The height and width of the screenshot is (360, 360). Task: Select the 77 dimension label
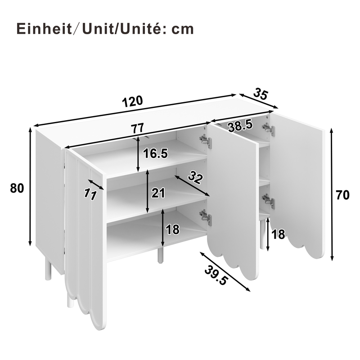click(x=137, y=128)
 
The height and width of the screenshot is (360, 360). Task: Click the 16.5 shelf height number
click(x=155, y=153)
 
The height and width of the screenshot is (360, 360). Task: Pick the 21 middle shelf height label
click(x=158, y=193)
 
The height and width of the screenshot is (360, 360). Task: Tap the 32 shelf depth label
click(x=194, y=177)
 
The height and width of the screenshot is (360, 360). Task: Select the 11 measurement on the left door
click(x=91, y=193)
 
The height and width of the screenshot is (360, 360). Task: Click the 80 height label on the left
click(x=17, y=188)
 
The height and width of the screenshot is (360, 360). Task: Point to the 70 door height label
click(x=343, y=195)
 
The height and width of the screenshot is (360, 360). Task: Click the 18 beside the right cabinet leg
click(x=279, y=234)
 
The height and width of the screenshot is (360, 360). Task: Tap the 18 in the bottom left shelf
click(x=172, y=230)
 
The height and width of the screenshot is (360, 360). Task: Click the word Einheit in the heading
click(x=41, y=29)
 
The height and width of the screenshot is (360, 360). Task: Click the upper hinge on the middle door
click(x=206, y=141)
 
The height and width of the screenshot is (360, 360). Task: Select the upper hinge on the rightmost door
click(x=269, y=130)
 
